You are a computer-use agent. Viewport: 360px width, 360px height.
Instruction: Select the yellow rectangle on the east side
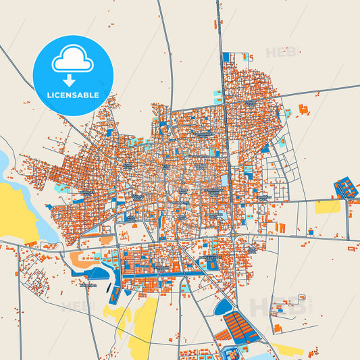tap(328, 207)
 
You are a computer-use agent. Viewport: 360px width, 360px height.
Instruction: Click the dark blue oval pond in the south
tap(223, 308)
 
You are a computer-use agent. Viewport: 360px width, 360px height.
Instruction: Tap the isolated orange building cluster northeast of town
tap(303, 109)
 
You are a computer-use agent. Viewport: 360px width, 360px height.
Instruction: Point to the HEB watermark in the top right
tap(280, 52)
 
